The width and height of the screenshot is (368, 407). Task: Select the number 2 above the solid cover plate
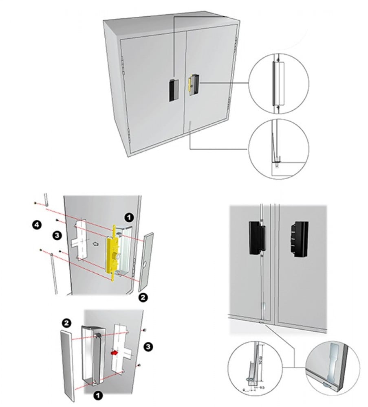(x=67, y=324)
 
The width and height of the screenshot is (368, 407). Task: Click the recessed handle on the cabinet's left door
(x=172, y=90)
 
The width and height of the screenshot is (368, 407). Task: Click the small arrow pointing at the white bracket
(x=95, y=245)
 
